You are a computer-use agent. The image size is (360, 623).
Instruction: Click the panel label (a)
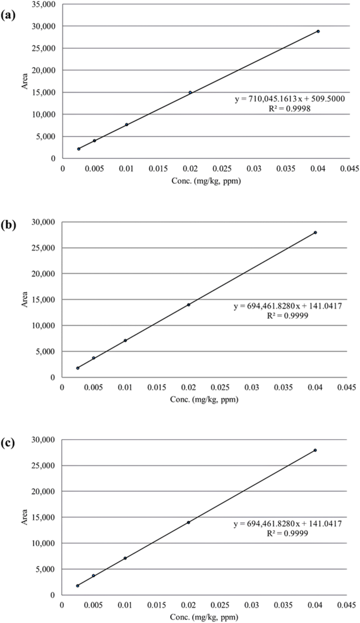9,15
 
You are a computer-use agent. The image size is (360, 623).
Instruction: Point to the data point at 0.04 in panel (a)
318,31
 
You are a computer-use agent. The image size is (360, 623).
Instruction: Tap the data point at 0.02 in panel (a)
190,92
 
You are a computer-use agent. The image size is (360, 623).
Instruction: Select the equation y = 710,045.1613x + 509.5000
290,99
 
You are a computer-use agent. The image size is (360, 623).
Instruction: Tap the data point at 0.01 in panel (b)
125,340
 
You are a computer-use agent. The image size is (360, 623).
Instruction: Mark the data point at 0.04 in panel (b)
315,232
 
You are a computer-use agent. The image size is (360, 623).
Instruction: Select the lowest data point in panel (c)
78,585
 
